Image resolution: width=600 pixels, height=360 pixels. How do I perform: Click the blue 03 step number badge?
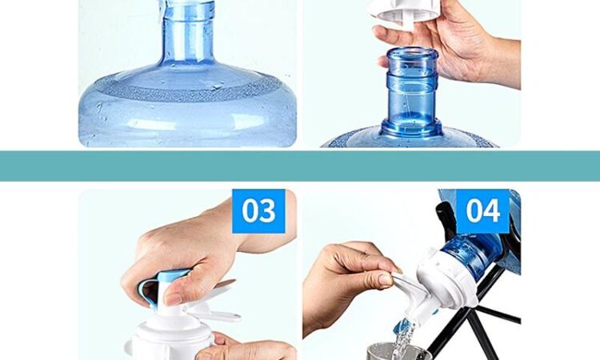tap(258, 210)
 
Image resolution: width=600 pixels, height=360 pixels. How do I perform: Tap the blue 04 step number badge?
tap(483, 210)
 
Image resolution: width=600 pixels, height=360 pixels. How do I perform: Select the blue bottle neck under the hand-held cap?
tap(411, 92)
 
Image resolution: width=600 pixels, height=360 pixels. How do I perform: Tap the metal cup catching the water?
tap(398, 352)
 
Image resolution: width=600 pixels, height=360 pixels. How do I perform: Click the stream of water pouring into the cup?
tap(401, 341)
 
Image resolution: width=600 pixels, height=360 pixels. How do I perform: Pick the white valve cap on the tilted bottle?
tap(446, 279)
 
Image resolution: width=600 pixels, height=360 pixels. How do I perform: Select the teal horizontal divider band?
tap(300, 166)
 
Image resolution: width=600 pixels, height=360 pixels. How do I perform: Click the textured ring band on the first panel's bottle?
tap(187, 88)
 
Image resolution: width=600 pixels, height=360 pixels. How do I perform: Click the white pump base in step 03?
tap(168, 341)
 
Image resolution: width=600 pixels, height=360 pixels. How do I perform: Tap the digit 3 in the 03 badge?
tap(268, 210)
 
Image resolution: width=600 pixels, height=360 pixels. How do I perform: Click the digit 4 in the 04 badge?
tap(492, 210)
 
